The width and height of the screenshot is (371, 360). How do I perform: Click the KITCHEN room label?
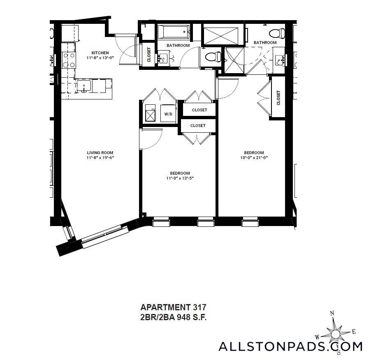100,53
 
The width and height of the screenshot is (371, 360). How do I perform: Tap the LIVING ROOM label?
100,153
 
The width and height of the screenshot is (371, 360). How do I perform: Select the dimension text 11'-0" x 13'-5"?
180,178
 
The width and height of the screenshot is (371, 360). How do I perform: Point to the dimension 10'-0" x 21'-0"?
254,158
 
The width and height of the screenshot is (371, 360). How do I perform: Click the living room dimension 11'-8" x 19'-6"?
100,158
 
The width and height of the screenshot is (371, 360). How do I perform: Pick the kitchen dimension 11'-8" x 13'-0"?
100,58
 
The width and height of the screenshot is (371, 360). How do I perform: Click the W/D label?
168,114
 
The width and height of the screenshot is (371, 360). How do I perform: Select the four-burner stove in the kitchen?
69,60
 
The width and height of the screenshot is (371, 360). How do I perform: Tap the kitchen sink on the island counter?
84,86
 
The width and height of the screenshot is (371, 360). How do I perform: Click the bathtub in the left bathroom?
174,32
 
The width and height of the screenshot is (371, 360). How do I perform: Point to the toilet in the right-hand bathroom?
277,33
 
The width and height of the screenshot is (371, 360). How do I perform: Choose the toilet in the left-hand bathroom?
212,57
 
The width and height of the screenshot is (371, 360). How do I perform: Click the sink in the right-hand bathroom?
281,60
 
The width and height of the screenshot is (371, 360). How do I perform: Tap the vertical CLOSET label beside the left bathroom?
149,55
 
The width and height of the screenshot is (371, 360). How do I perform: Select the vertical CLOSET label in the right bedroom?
278,98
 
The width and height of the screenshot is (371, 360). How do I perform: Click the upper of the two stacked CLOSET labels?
199,110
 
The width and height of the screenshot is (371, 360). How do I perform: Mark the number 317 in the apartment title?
199,307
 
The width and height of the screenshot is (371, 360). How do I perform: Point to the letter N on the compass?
332,314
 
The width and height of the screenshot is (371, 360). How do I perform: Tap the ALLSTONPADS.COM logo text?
290,346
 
